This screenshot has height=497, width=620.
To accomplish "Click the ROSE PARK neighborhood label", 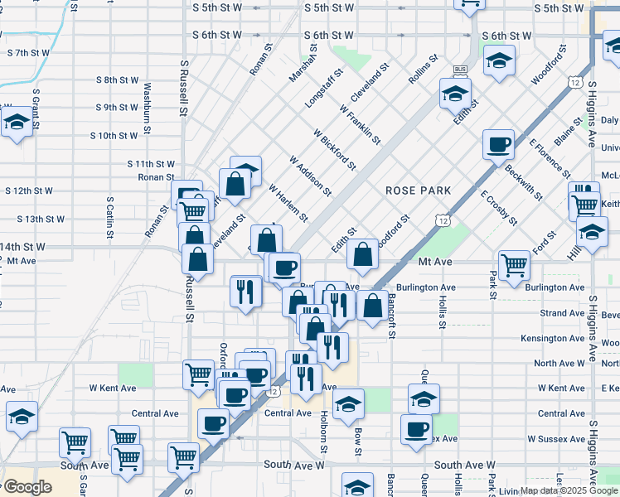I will pyautogui.click(x=419, y=191).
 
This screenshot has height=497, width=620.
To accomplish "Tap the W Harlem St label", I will pyautogui.click(x=288, y=203).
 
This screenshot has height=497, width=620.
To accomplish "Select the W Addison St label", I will pyautogui.click(x=310, y=176).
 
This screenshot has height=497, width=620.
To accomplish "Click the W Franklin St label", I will pyautogui.click(x=360, y=124).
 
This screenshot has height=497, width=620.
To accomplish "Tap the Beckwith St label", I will pyautogui.click(x=523, y=181).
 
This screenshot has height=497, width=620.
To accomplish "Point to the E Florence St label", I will pyautogui.click(x=549, y=156).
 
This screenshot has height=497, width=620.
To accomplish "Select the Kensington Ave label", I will pyautogui.click(x=552, y=338).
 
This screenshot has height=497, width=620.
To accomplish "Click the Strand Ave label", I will pyautogui.click(x=562, y=313).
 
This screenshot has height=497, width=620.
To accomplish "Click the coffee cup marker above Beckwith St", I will pyautogui.click(x=498, y=145).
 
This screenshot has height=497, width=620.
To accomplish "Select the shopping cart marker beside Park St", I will pyautogui.click(x=515, y=265).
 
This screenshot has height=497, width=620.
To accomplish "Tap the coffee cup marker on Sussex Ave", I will pyautogui.click(x=416, y=428).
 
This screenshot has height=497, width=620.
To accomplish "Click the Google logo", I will pyautogui.click(x=28, y=487).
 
